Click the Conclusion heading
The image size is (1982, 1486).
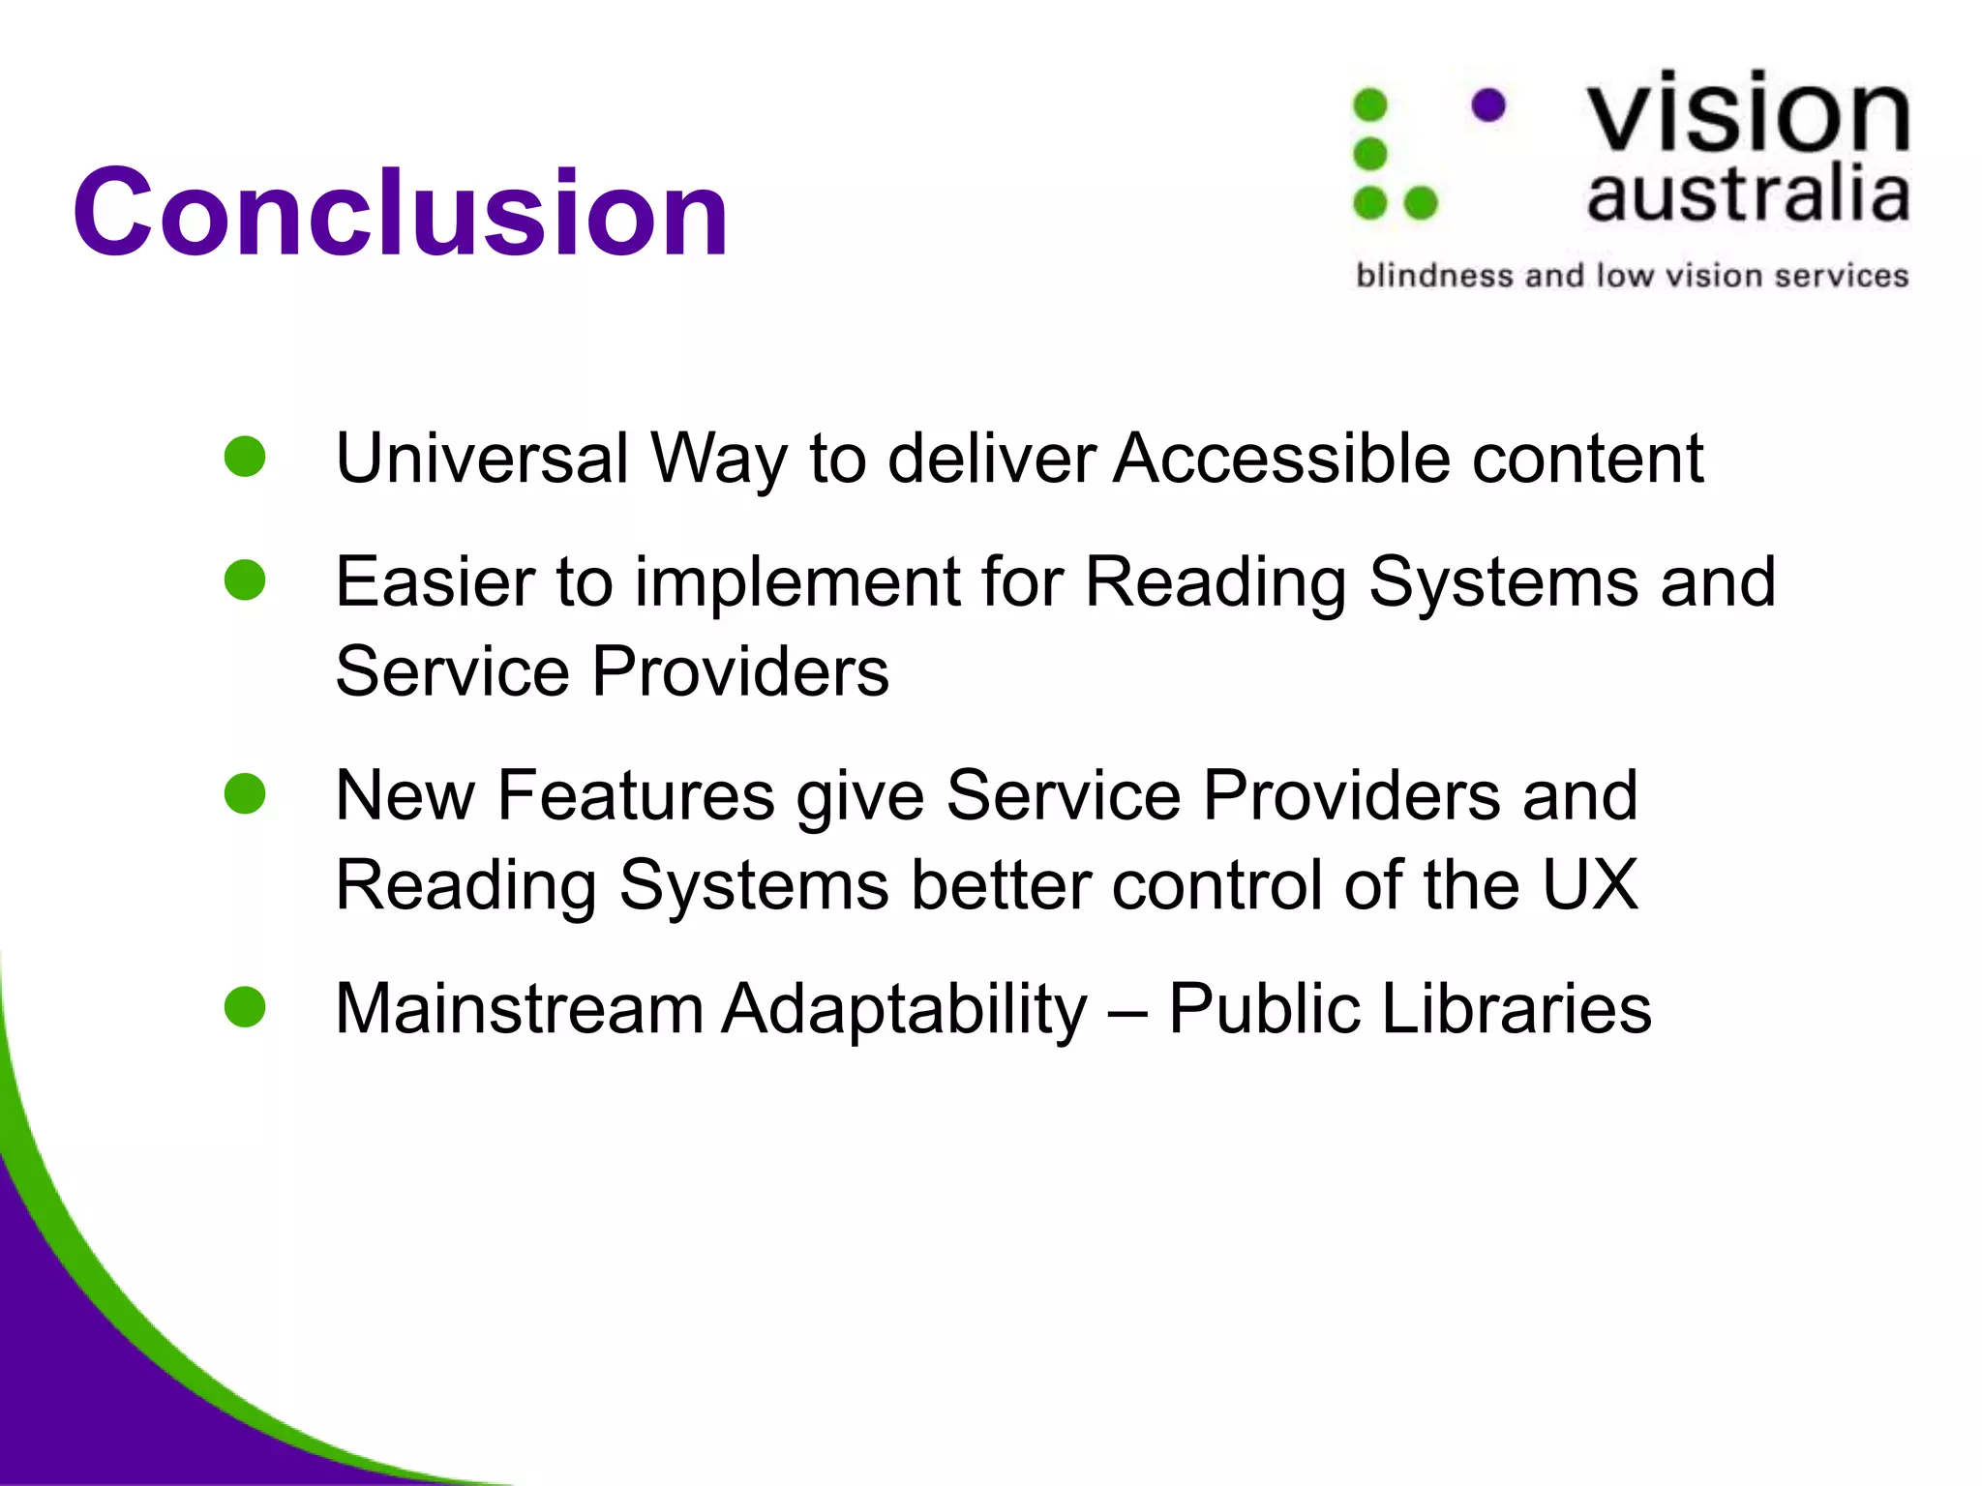[x=400, y=213]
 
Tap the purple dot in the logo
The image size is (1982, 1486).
[x=1488, y=104]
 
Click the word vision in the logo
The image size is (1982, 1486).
[x=1748, y=114]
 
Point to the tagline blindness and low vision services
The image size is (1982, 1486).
[x=1632, y=276]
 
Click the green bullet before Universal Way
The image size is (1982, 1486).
[x=245, y=457]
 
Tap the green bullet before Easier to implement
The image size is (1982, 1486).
[x=245, y=580]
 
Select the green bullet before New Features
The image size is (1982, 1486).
[x=245, y=794]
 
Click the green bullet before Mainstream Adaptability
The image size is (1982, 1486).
[x=245, y=1007]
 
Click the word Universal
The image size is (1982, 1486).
[x=482, y=458]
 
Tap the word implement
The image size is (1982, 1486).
[x=796, y=583]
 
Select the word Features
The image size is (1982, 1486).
[x=636, y=796]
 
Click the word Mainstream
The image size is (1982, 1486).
[x=519, y=1009]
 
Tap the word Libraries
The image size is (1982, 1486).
[x=1516, y=1009]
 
